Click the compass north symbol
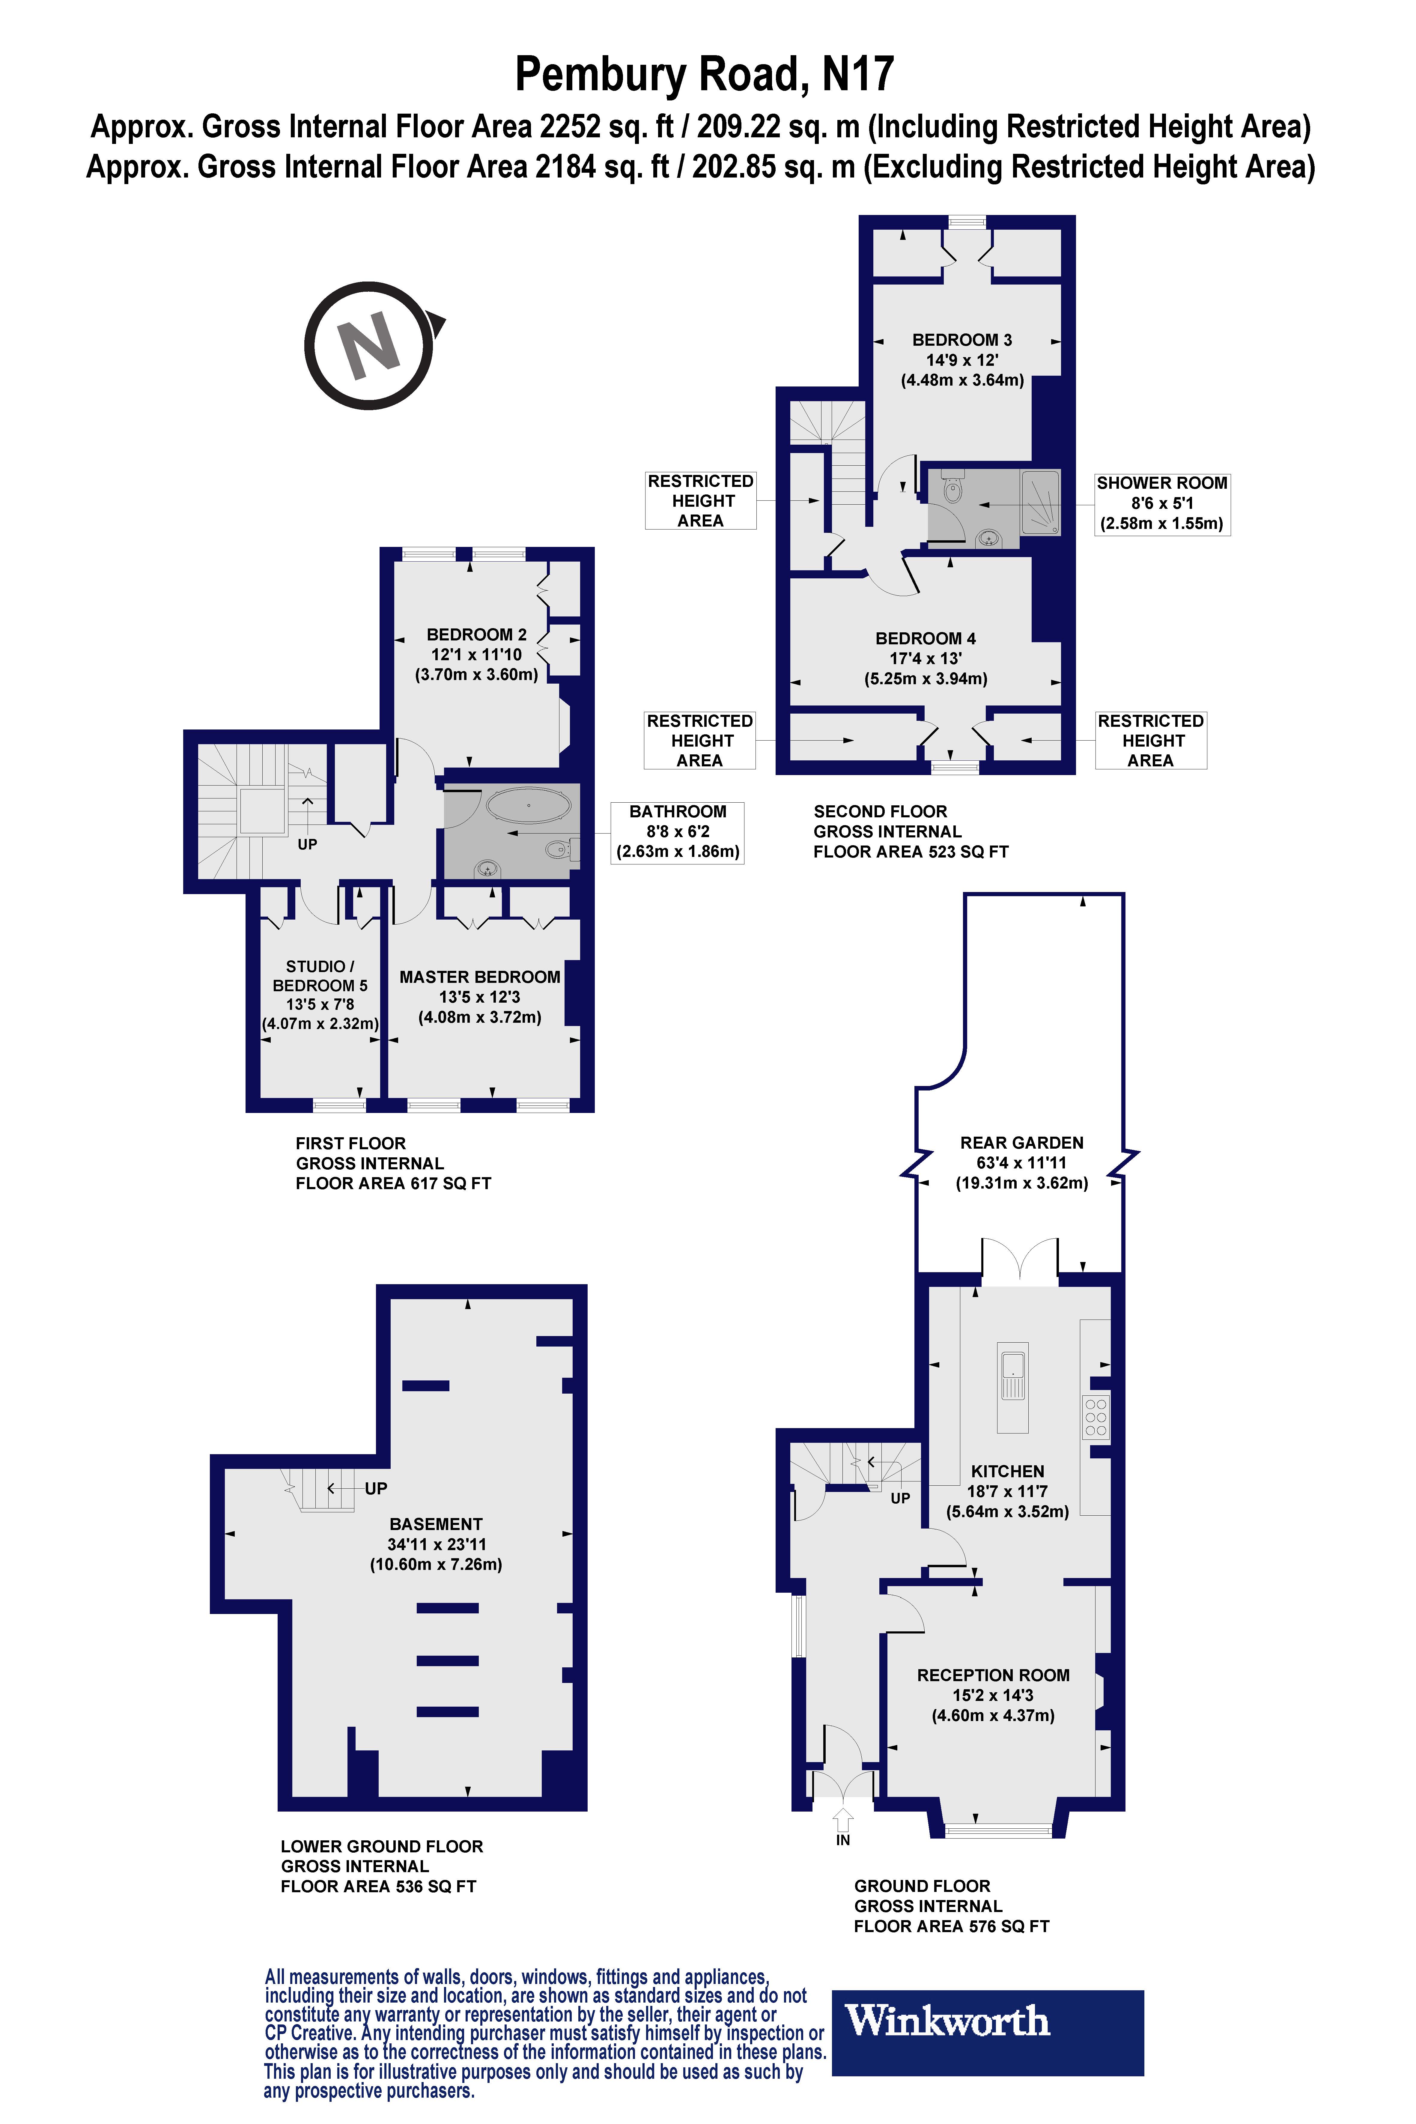click(x=370, y=345)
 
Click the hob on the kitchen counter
click(x=1096, y=1417)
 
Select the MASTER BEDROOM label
click(x=479, y=977)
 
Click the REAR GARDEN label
click(x=1021, y=1142)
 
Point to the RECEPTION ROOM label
click(x=992, y=1675)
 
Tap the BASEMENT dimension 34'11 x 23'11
click(x=436, y=1544)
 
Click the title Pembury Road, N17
click(x=704, y=74)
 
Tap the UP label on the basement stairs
click(x=376, y=1488)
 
